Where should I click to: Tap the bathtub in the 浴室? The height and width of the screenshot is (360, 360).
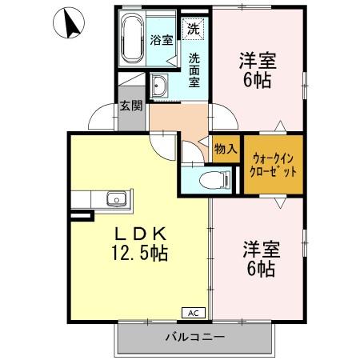click(x=131, y=39)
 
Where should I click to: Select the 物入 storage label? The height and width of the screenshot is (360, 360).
click(x=226, y=148)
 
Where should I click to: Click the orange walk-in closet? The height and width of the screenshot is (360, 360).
click(x=274, y=164)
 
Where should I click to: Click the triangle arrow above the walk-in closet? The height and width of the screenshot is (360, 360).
click(x=279, y=126)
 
